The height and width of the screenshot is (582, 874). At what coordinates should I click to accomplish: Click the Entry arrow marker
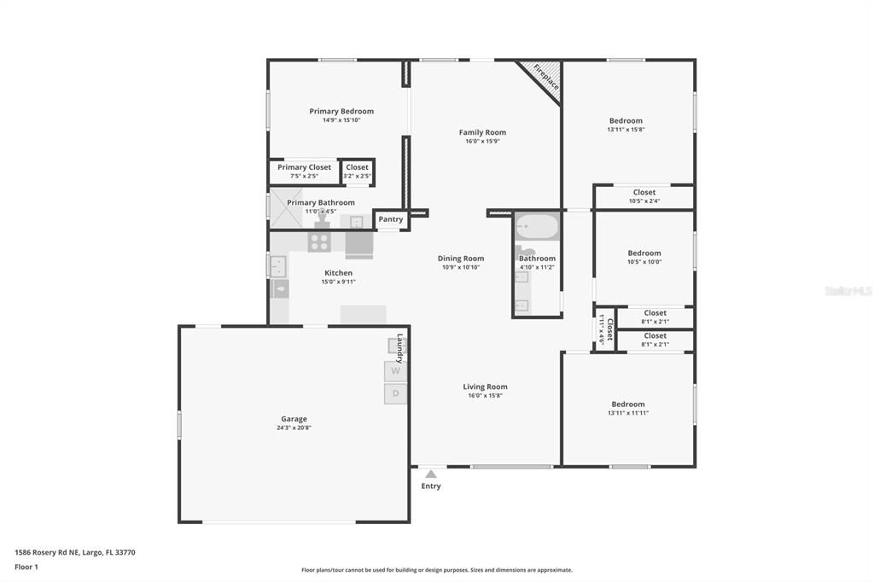[431, 474]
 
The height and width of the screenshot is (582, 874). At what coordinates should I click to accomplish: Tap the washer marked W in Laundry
[395, 371]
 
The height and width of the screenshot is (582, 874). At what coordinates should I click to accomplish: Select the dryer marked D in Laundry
[395, 393]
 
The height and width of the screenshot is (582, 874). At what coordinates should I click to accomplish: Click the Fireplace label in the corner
[546, 77]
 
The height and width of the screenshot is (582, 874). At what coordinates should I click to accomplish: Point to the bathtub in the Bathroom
[537, 228]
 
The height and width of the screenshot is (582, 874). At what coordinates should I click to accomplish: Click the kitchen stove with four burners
[319, 242]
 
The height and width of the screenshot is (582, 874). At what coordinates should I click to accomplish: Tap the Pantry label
[391, 219]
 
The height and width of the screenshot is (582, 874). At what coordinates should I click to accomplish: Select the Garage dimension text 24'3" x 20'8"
[294, 428]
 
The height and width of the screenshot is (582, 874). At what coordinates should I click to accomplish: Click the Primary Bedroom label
[341, 111]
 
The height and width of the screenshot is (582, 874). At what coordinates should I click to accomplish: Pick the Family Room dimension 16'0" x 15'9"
[482, 142]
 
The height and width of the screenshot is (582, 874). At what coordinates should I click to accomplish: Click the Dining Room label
[461, 259]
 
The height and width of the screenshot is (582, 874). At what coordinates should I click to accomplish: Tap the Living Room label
[485, 387]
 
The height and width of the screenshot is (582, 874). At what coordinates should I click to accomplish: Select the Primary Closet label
[304, 167]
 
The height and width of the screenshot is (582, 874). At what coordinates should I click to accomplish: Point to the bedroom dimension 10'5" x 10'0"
[644, 263]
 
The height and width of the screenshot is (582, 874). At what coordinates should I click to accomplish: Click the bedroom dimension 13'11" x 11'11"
[627, 413]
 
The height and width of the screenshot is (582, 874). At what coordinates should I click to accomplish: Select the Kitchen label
[338, 273]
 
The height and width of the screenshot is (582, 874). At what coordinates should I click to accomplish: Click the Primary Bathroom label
[320, 203]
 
